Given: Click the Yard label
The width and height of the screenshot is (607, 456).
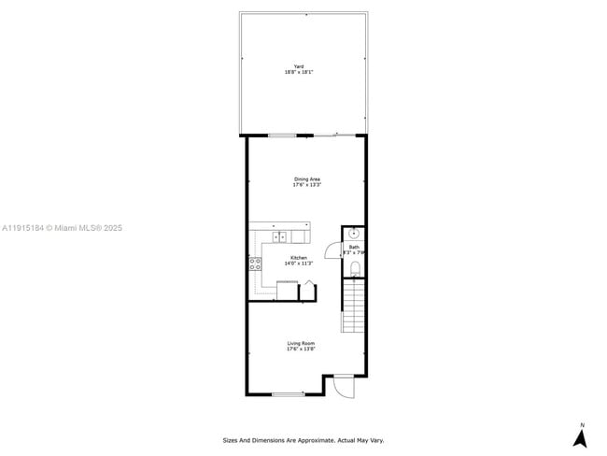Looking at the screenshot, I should click(299, 66).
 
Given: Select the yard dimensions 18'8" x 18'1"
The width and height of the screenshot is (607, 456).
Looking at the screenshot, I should click(299, 72).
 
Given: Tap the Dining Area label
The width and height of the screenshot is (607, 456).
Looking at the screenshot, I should click(307, 178).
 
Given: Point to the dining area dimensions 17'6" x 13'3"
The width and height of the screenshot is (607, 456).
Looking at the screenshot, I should click(307, 185).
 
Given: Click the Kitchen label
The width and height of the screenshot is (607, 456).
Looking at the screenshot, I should click(298, 258).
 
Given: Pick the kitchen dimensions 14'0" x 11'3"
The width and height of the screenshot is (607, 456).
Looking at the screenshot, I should click(298, 264).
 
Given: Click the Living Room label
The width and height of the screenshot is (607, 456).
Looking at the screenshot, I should click(301, 343).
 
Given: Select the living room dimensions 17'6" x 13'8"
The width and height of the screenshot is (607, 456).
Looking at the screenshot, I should click(301, 349).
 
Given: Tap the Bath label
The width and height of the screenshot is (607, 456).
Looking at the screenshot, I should click(354, 248).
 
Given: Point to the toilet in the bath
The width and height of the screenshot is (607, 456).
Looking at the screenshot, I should click(355, 269).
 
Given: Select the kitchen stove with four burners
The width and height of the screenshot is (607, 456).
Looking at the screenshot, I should click(255, 264).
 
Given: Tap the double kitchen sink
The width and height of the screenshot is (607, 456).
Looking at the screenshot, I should click(280, 235).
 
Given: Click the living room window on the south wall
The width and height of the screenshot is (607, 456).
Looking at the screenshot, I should click(289, 394).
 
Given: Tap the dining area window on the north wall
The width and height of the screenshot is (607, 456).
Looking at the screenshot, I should click(283, 135).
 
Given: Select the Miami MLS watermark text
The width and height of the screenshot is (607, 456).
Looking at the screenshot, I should click(62, 228).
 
